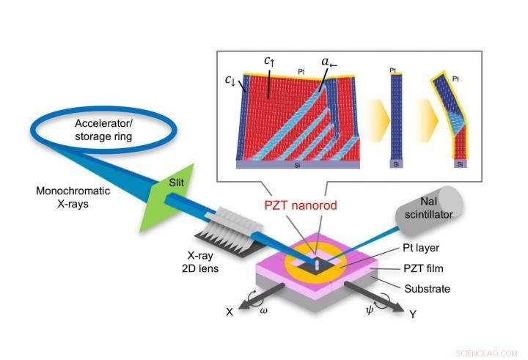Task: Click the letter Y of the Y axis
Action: pos(413,313)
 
